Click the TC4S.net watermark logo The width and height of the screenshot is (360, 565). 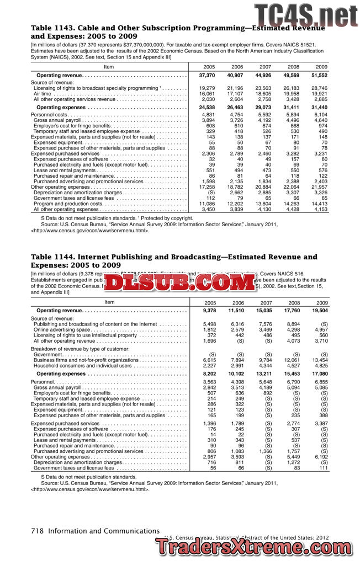click(x=306, y=14)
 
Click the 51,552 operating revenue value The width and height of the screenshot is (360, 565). click(x=319, y=75)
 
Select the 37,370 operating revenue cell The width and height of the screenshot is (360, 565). click(x=207, y=75)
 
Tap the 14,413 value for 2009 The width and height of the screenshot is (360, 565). click(x=319, y=204)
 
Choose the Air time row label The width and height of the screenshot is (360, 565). click(x=44, y=93)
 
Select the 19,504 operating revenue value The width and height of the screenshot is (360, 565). click(x=319, y=311)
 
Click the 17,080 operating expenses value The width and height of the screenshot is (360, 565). click(x=319, y=374)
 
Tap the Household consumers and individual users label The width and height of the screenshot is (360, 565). click(x=83, y=365)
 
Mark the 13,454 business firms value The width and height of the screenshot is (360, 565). click(x=319, y=360)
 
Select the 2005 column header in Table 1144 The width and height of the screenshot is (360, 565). click(x=210, y=303)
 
